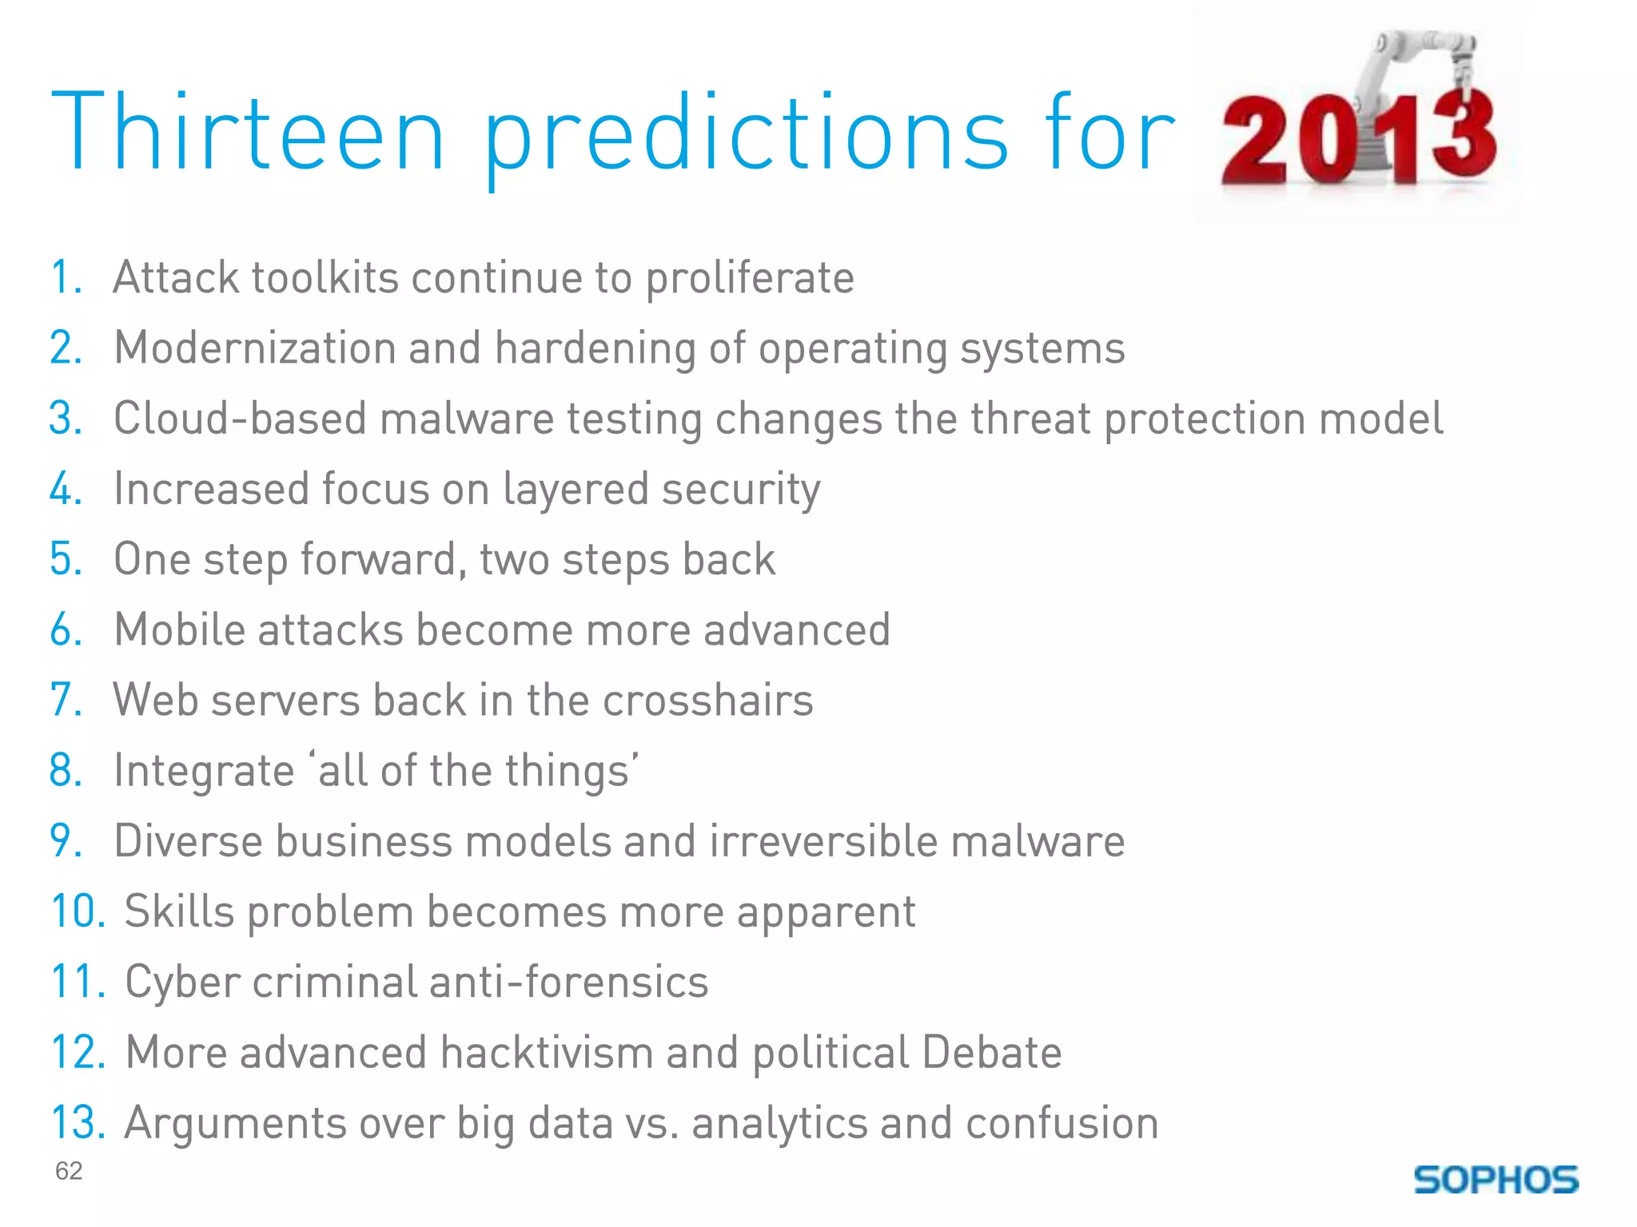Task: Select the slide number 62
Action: click(69, 1170)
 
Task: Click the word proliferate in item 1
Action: click(750, 279)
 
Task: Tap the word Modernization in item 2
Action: click(255, 348)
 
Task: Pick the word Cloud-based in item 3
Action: click(240, 419)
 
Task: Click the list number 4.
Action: click(65, 489)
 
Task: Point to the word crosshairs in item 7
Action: click(707, 701)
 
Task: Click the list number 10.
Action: click(78, 911)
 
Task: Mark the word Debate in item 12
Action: click(991, 1052)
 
